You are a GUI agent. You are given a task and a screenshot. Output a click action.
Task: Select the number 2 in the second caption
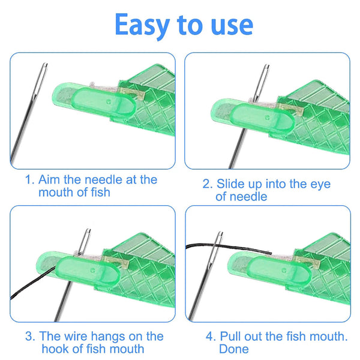point(206,184)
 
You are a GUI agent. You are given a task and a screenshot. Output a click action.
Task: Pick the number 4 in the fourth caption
point(208,337)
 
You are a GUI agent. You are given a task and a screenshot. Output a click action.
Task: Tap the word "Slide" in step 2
point(232,184)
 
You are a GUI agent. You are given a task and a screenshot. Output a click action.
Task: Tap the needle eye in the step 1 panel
point(44,75)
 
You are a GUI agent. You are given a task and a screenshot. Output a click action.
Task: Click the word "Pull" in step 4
point(231,337)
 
